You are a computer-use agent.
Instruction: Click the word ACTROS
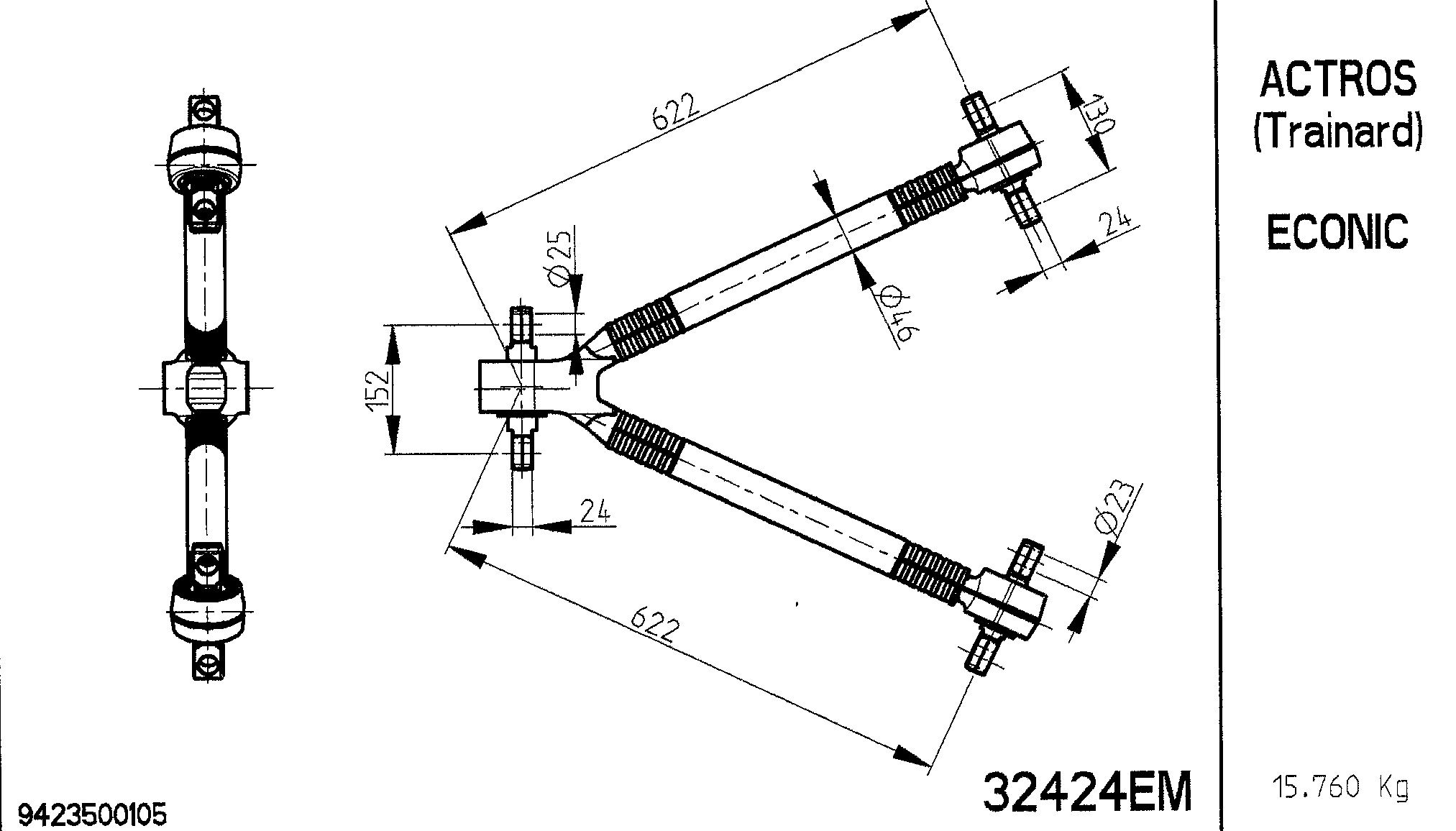tap(1337, 79)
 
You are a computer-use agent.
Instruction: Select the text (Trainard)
tap(1337, 132)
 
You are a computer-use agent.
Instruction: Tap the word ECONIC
tap(1337, 231)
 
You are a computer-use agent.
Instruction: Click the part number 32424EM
tap(1086, 791)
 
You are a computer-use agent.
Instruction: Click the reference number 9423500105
tap(92, 815)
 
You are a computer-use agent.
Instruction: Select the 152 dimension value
tap(377, 390)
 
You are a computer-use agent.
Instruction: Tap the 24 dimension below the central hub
tap(595, 511)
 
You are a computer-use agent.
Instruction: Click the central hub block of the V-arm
tap(515, 387)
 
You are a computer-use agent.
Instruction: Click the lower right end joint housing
tap(1007, 603)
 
